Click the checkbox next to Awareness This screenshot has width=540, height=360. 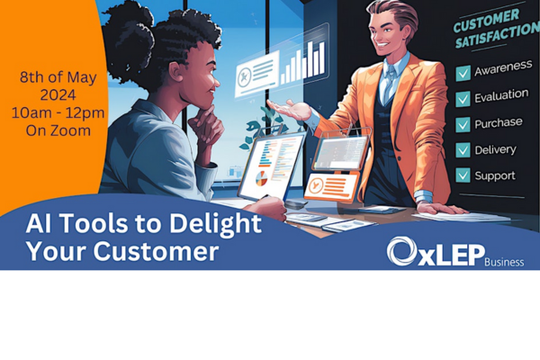tap(463, 73)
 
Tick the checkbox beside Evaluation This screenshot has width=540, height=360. tap(463, 99)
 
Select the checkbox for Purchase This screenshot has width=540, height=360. tap(463, 124)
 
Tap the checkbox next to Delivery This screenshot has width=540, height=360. tap(463, 150)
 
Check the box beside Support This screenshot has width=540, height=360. tap(463, 175)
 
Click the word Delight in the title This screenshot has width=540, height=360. tap(215, 224)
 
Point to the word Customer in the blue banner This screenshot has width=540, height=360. tap(156, 251)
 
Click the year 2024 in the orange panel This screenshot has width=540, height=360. tap(58, 95)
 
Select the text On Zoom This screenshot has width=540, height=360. tap(58, 130)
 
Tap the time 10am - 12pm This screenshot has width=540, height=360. tap(58, 113)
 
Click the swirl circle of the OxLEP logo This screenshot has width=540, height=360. tap(401, 251)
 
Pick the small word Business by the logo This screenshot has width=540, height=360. tap(504, 262)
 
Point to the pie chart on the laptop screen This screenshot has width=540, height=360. tap(261, 178)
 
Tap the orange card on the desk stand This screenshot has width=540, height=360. tap(331, 186)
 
